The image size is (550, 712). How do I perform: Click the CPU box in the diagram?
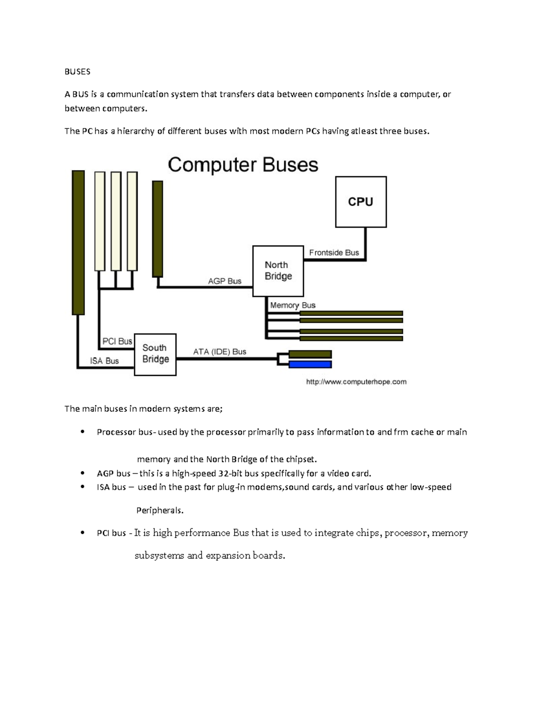point(361,202)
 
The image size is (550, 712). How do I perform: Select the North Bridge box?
point(278,271)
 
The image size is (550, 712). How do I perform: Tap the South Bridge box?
point(155,354)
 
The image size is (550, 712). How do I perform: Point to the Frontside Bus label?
point(334,253)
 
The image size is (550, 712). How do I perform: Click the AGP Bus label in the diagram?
point(225,281)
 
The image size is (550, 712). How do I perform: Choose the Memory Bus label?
point(292,305)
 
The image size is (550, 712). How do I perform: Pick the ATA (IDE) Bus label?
point(220,352)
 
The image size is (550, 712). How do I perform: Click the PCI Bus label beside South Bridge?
point(117,341)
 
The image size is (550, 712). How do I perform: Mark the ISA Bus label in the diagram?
point(104,361)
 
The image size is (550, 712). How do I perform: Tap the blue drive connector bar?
point(310,364)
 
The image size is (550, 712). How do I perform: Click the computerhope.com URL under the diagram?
point(356,381)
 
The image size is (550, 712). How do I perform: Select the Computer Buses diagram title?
point(243,165)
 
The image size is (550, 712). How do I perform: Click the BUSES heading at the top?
point(77,72)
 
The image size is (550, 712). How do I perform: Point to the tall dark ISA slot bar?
point(78,243)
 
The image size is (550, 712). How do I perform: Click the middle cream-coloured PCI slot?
point(116,221)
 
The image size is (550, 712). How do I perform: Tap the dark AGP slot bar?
point(157,228)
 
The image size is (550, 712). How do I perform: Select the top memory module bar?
point(351,313)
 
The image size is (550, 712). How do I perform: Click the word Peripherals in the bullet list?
point(159,510)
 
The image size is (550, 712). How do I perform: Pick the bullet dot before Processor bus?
point(82,432)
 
